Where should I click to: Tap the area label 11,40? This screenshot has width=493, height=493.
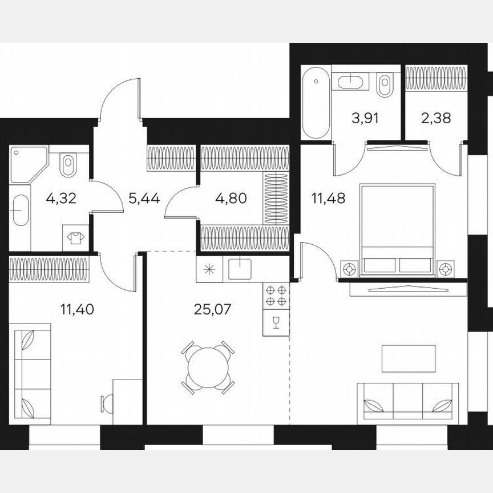77,310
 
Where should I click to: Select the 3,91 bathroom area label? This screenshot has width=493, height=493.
365,119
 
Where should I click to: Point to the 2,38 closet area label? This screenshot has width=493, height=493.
436,119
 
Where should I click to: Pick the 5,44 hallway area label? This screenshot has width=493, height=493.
144,199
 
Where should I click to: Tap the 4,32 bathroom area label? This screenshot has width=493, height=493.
61,199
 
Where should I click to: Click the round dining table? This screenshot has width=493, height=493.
208,367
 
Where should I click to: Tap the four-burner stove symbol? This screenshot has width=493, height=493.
276,296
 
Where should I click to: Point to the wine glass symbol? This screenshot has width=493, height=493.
276,324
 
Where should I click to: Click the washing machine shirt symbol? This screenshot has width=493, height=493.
74,236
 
